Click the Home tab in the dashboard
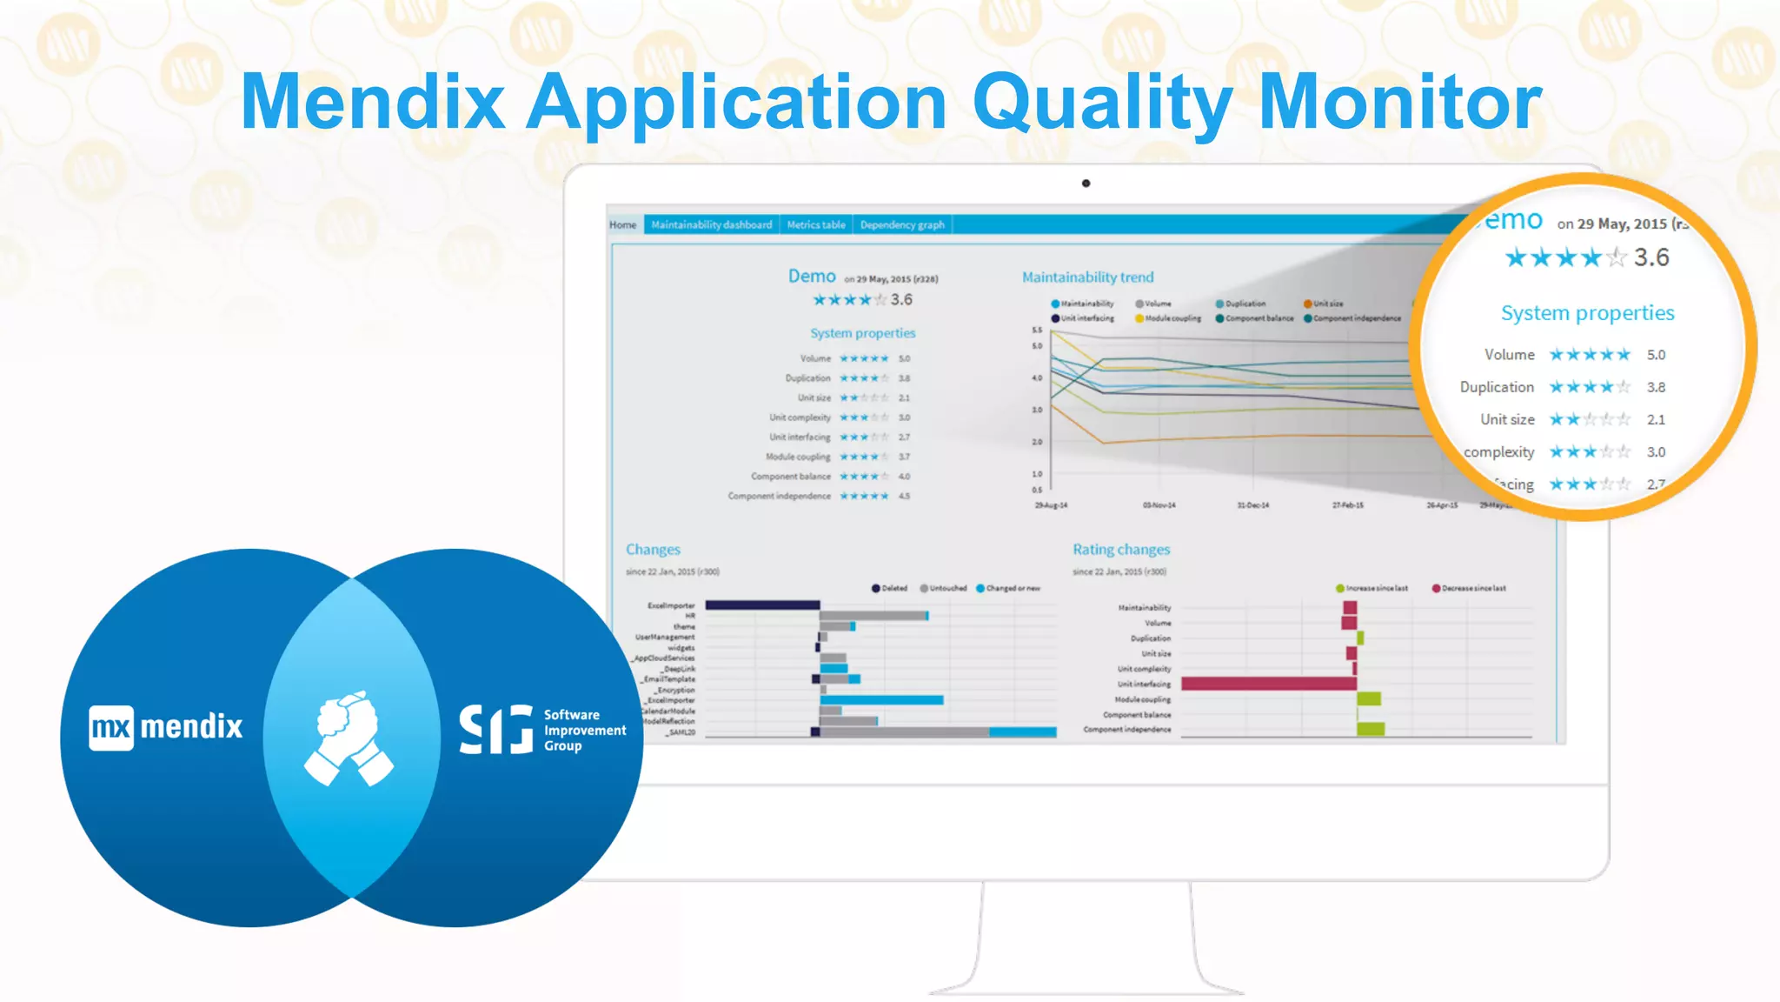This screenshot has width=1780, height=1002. point(622,224)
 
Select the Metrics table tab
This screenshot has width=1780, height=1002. point(816,224)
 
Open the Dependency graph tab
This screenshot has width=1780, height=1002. point(902,224)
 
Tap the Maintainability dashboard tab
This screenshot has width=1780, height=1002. point(711,224)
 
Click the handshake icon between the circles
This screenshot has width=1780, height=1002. point(349,738)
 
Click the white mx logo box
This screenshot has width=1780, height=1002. point(111,727)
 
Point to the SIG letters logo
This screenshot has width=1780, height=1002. point(495,729)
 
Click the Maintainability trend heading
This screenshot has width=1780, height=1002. point(1087,277)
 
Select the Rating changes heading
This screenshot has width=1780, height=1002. point(1120,549)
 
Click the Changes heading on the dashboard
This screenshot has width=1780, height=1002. point(653,549)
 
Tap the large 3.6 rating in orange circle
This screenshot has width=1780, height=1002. point(1650,257)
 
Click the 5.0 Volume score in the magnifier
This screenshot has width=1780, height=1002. point(1656,355)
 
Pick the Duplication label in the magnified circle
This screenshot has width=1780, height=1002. point(1497,387)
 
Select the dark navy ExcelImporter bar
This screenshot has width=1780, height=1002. point(762,605)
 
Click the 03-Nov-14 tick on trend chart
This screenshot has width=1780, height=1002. point(1159,504)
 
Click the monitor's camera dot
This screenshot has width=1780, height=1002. point(1086,184)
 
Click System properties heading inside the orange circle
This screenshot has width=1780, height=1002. point(1587,313)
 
